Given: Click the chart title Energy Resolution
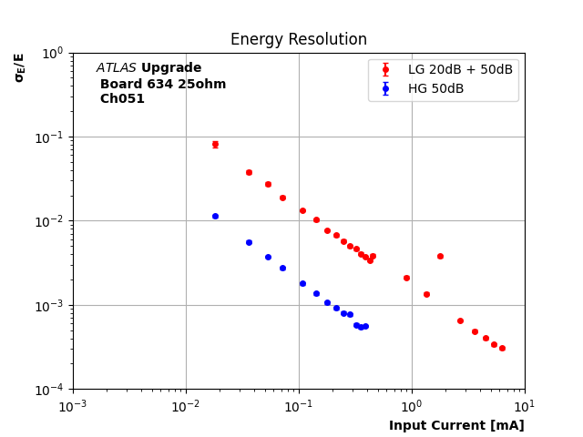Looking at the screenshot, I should click(x=299, y=40).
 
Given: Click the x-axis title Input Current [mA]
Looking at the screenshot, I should click(x=456, y=425).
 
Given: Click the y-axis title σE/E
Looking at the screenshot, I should click(x=19, y=66).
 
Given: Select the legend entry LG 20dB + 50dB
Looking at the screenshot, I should click(x=460, y=70).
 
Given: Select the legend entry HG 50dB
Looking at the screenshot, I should click(x=435, y=88).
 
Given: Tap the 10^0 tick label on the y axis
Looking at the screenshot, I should click(x=53, y=53).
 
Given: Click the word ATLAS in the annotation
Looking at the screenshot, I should click(x=117, y=68).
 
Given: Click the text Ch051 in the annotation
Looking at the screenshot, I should click(x=122, y=99).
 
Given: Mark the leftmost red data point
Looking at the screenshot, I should click(x=215, y=144).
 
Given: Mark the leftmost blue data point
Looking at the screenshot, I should click(x=215, y=216).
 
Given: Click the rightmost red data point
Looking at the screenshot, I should click(x=502, y=348).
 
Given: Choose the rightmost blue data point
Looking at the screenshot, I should click(x=365, y=326).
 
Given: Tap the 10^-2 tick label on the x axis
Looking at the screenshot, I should click(x=186, y=405).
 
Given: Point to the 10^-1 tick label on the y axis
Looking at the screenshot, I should click(x=50, y=137).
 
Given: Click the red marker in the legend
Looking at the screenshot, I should click(x=385, y=70).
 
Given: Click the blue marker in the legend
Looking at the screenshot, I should click(x=385, y=88).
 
